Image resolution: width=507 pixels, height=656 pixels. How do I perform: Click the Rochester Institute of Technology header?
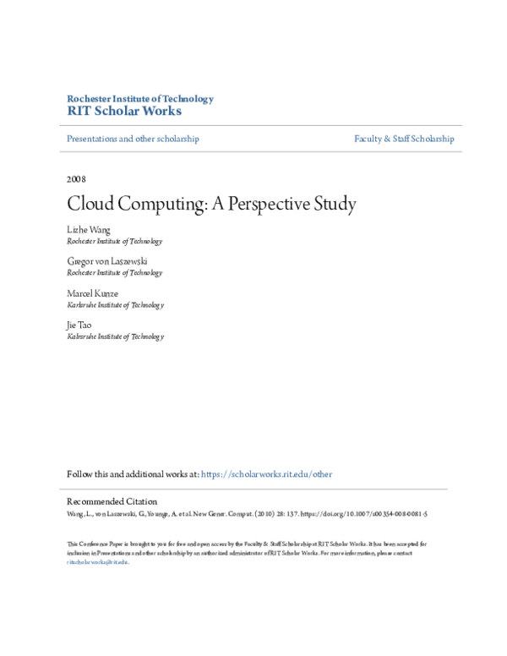click(139, 99)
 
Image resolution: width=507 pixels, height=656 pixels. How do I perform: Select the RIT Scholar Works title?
click(123, 112)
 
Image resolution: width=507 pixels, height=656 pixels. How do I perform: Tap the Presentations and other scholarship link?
click(133, 139)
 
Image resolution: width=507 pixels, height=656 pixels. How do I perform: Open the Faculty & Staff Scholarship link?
click(404, 139)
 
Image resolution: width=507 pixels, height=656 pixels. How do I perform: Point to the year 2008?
click(76, 179)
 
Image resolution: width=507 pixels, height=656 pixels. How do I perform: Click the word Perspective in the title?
click(270, 205)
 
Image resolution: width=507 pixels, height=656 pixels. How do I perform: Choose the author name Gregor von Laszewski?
click(107, 261)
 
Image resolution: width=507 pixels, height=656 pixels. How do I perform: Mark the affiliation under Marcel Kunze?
click(115, 304)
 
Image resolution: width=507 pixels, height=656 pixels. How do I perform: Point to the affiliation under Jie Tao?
click(115, 336)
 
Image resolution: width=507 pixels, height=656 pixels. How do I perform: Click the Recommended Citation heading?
click(112, 501)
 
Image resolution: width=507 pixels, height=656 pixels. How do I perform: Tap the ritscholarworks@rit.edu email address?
click(97, 561)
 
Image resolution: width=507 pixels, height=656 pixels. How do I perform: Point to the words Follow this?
click(86, 474)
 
